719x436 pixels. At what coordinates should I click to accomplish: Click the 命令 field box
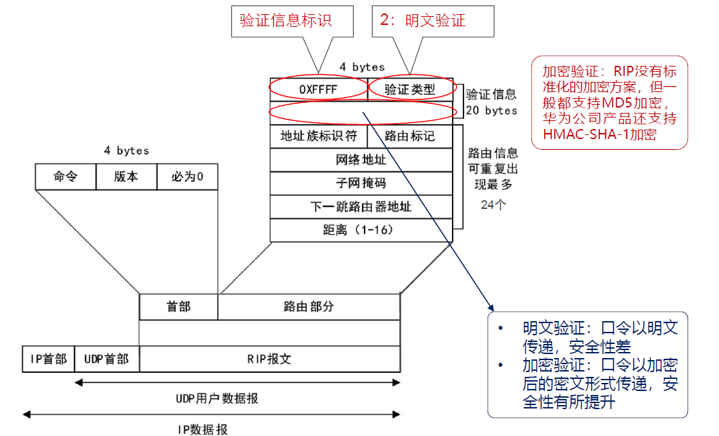[x=65, y=177]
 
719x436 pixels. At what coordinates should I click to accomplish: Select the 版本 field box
[x=126, y=177]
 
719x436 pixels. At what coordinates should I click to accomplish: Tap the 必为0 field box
[x=187, y=177]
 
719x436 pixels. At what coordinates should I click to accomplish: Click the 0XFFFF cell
[x=318, y=88]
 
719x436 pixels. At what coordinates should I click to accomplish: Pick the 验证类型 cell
[x=410, y=88]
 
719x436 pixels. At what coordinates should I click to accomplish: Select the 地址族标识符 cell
[x=318, y=136]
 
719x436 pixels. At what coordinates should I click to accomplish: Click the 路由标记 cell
[x=410, y=136]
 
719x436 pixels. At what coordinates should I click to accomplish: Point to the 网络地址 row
[x=361, y=160]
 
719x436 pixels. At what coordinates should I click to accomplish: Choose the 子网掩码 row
[x=361, y=183]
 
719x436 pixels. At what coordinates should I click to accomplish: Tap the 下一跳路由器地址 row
[x=361, y=207]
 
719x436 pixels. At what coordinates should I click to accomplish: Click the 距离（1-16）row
[x=361, y=230]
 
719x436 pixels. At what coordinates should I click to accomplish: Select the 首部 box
[x=178, y=306]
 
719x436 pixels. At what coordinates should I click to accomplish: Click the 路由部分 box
[x=309, y=306]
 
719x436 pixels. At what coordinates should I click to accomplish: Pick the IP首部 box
[x=48, y=359]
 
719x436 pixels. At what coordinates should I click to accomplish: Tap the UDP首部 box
[x=106, y=359]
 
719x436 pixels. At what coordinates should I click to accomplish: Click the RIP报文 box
[x=269, y=359]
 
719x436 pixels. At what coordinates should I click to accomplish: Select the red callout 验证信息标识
[x=286, y=20]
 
